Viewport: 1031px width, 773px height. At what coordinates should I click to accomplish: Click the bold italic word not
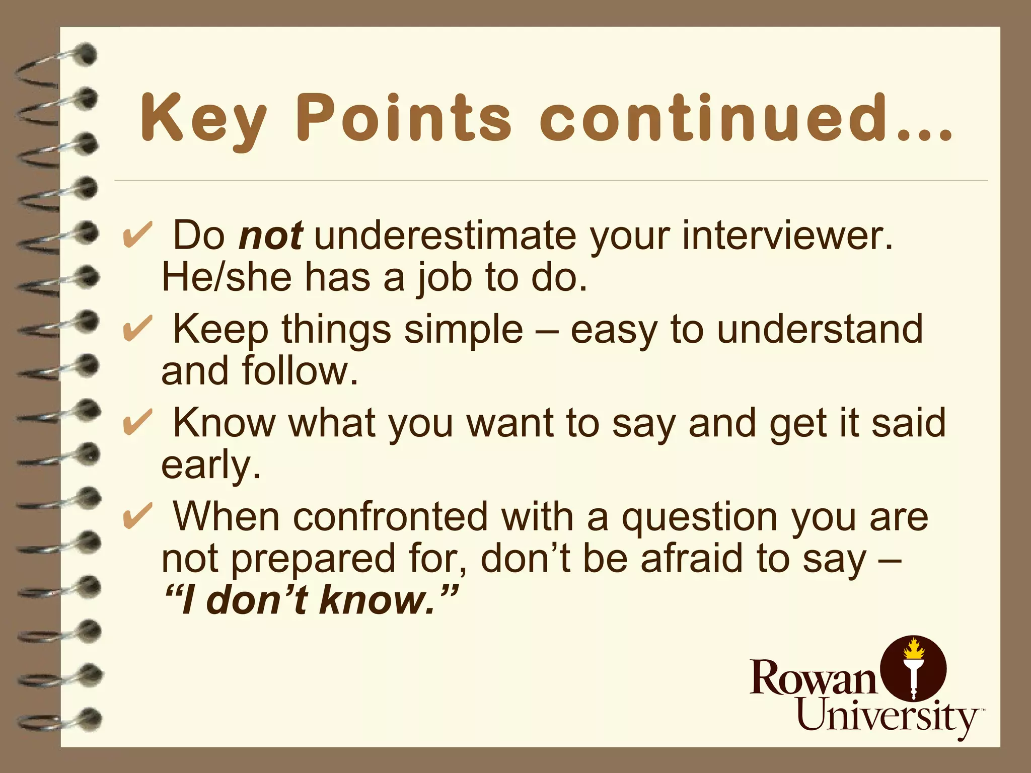[x=271, y=236]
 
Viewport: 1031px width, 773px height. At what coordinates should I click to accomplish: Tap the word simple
[x=463, y=330]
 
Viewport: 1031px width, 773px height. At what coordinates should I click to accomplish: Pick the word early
[x=210, y=466]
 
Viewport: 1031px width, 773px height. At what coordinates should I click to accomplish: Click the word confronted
[x=390, y=517]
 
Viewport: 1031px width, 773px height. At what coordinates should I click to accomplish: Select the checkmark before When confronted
[x=137, y=517]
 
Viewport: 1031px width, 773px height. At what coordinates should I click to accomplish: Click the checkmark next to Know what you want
[x=137, y=423]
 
